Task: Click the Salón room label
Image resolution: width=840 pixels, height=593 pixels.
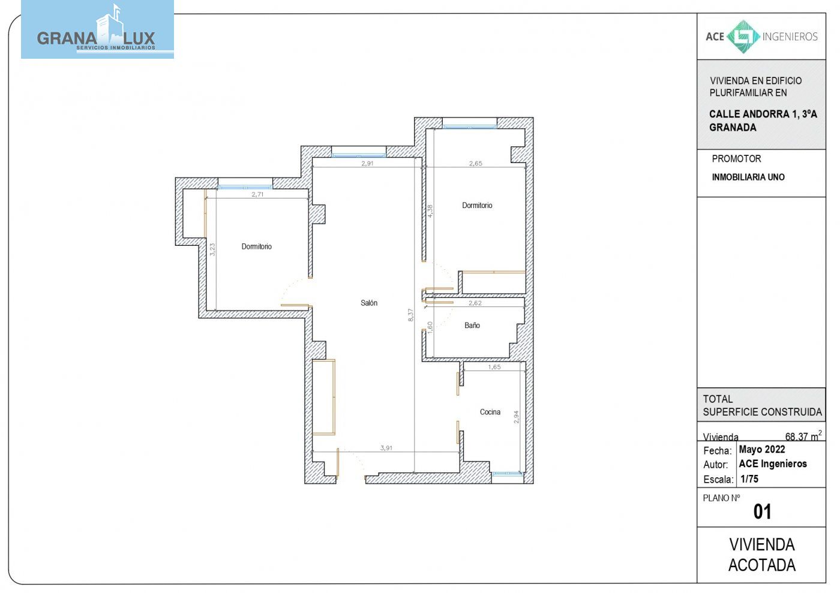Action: coord(369,303)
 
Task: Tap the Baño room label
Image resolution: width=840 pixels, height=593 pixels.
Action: coord(472,326)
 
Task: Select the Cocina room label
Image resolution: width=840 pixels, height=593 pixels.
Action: coord(490,412)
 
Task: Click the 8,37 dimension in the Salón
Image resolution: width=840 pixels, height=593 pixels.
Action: coord(410,315)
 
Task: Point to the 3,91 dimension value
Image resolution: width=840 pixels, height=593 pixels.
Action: coord(386,448)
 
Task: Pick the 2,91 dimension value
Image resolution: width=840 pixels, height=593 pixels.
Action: coord(367,164)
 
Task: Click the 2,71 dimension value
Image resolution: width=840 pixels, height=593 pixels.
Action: coord(257,194)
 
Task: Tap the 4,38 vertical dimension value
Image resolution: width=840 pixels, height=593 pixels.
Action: coord(430,210)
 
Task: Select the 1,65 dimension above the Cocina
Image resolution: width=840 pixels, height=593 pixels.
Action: coord(494,367)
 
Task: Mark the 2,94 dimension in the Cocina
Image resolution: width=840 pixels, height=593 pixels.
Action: coord(517,417)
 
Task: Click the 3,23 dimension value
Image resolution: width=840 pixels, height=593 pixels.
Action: coord(212,249)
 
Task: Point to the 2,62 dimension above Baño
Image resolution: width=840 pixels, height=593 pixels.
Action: coord(475,303)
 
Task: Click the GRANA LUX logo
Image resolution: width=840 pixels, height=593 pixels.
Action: coord(97,29)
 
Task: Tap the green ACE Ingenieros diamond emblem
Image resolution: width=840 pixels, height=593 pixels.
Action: coord(743,37)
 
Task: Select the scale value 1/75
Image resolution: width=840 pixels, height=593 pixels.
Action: coord(749,479)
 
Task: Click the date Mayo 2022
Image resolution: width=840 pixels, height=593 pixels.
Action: coord(761,449)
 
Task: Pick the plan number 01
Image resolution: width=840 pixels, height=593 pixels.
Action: coord(762,511)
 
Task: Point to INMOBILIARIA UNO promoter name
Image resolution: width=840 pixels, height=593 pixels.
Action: coord(748,177)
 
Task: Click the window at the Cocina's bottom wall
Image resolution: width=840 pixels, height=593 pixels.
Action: coord(507,474)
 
